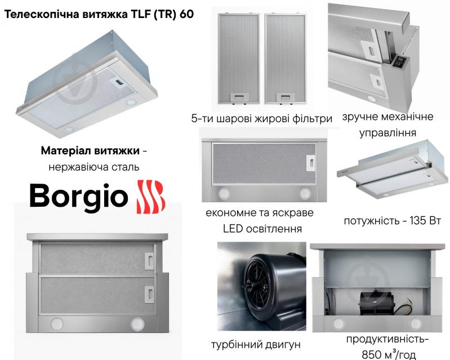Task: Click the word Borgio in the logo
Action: [78, 197]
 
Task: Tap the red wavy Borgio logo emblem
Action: [151, 197]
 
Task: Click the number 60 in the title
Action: [186, 14]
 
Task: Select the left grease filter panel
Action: [239, 59]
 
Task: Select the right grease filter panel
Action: [286, 59]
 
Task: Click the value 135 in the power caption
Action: [418, 221]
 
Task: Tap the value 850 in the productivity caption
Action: [372, 355]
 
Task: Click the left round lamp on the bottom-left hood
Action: [57, 324]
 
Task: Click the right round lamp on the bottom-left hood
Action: [137, 324]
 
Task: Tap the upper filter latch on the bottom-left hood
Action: [149, 261]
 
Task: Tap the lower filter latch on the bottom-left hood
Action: [149, 294]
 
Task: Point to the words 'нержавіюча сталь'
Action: [94, 167]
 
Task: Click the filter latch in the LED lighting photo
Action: [310, 163]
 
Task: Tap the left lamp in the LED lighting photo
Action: [224, 193]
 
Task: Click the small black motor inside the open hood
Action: [373, 302]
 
